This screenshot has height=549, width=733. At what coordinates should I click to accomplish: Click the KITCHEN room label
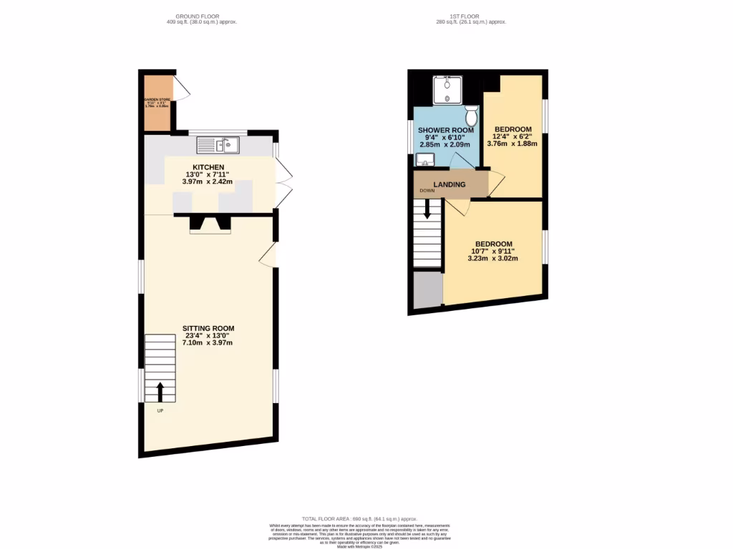point(208,167)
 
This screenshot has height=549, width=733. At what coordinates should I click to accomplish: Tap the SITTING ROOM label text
point(208,328)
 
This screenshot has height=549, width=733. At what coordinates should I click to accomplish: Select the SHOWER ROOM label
point(446,130)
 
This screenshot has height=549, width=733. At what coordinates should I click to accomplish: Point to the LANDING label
point(450,184)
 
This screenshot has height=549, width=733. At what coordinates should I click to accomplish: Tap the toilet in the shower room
point(471,115)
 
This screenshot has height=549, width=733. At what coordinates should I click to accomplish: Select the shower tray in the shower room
point(447,91)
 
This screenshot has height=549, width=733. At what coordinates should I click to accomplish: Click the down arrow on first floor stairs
point(427,209)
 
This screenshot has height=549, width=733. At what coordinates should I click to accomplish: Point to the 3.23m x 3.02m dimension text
point(492,258)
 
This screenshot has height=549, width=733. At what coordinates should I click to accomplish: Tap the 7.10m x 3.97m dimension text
point(208,343)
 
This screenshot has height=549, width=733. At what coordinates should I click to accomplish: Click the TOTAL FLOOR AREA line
point(359,519)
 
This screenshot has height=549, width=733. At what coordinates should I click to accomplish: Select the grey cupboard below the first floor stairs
point(427,290)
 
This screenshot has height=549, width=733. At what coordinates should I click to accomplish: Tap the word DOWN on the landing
point(427,191)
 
